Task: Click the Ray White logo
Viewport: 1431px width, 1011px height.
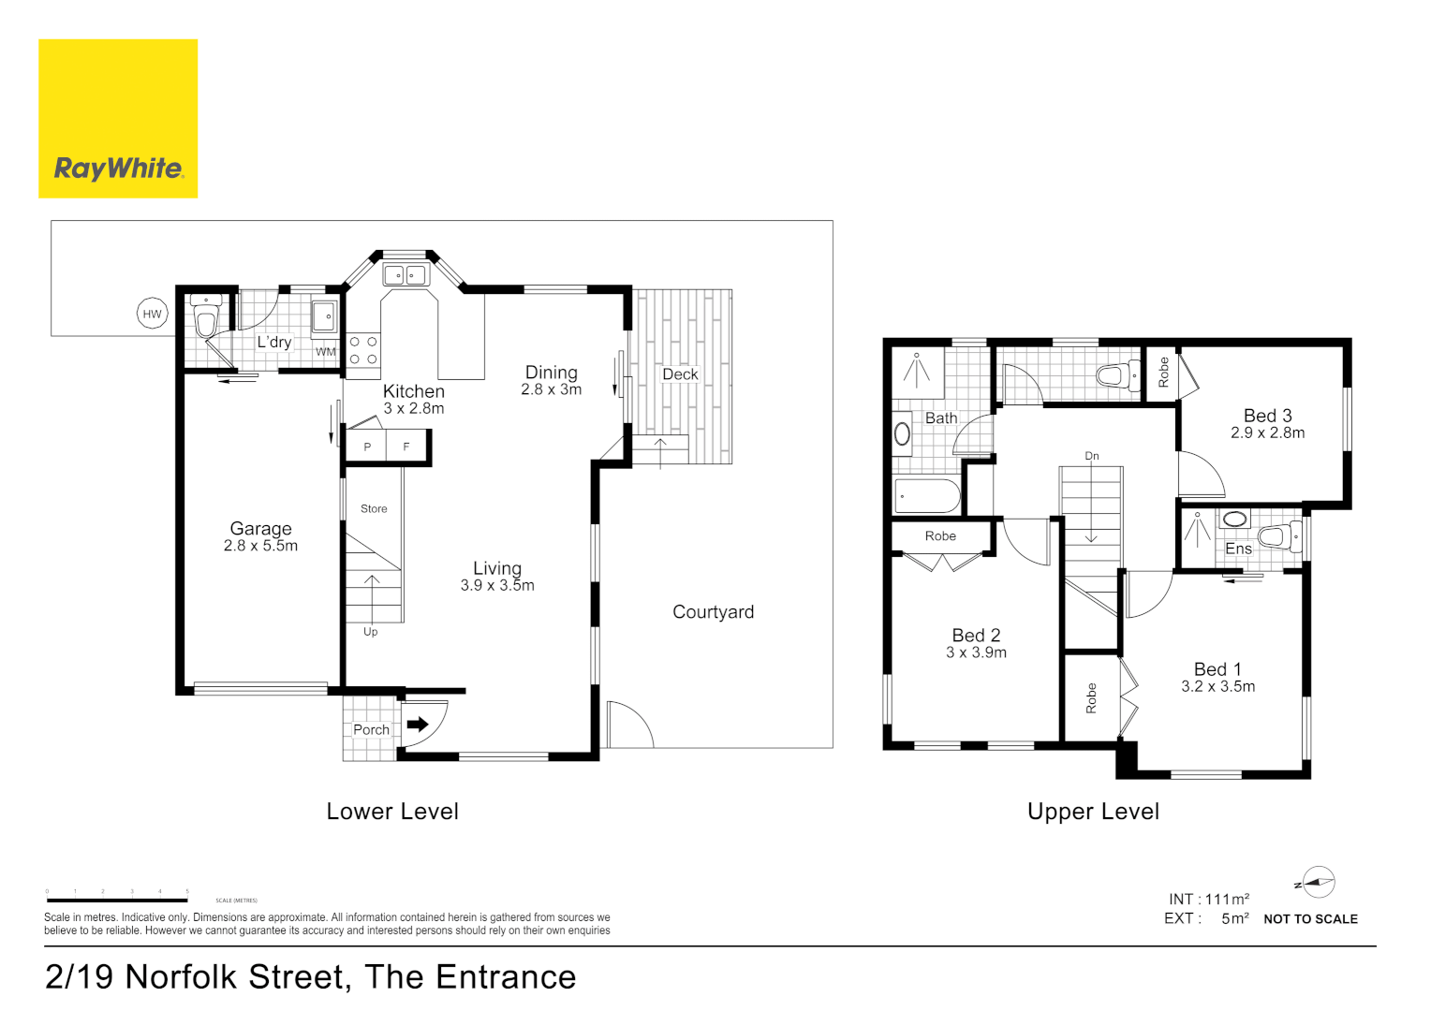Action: click(x=118, y=119)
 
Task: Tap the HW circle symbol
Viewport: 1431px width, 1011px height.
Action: click(x=152, y=315)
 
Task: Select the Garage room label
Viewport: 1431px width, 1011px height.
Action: click(x=260, y=529)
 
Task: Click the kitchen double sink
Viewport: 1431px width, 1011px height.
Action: click(x=405, y=275)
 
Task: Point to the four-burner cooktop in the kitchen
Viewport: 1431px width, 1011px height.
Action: click(x=363, y=351)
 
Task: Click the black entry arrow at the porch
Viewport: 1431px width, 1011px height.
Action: click(x=418, y=724)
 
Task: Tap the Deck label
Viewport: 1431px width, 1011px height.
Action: click(x=680, y=374)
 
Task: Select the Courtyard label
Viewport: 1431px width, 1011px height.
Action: click(x=713, y=612)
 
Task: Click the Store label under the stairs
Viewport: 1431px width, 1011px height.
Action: click(x=374, y=509)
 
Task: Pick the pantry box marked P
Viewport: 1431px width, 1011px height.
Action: click(x=367, y=447)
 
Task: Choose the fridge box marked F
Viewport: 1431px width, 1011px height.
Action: click(x=406, y=447)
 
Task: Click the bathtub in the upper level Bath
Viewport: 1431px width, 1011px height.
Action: click(x=926, y=495)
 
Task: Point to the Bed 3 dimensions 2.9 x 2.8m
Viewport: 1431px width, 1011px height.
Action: click(x=1267, y=433)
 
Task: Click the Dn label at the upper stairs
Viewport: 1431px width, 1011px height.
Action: click(x=1092, y=457)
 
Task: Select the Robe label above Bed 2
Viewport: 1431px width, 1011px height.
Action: click(x=940, y=536)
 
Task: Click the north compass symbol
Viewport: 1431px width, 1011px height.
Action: click(x=1317, y=882)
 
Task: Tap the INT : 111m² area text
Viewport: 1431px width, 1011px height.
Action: click(x=1208, y=900)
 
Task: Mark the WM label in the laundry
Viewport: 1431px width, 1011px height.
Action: click(x=325, y=352)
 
